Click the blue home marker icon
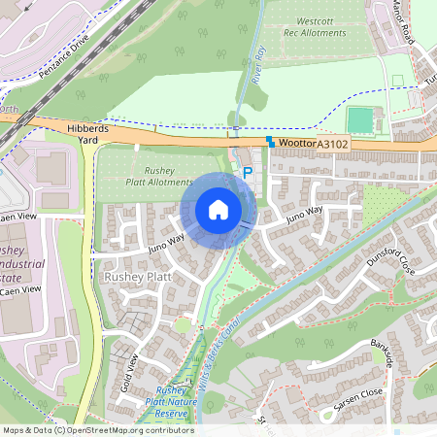pyautogui.click(x=218, y=210)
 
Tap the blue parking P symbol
pyautogui.click(x=248, y=172)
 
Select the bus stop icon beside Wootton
pyautogui.click(x=271, y=141)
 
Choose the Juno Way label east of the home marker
pyautogui.click(x=303, y=213)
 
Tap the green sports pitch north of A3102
pyautogui.click(x=359, y=119)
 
